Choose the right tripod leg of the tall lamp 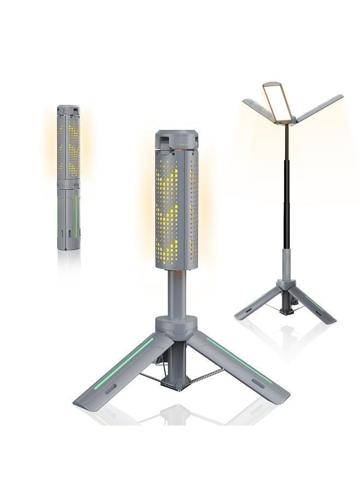316,306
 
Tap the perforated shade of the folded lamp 68,147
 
